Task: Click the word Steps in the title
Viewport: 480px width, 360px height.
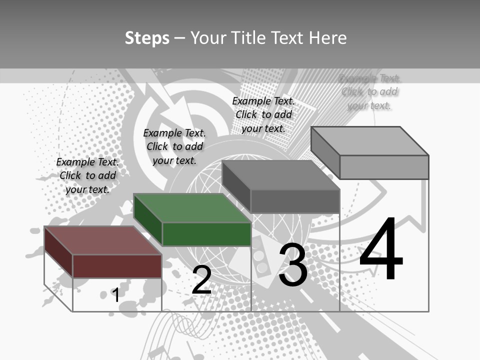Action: coord(147,38)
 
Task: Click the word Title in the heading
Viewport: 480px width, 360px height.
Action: coord(248,38)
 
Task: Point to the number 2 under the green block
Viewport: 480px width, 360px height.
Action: coord(201,280)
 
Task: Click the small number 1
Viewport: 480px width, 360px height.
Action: coord(115,295)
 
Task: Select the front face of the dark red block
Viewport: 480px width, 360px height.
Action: coord(117,266)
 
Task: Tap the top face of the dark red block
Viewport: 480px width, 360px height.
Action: coord(102,240)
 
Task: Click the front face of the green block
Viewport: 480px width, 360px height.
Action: coord(206,234)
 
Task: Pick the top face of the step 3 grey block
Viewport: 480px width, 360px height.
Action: coord(280,175)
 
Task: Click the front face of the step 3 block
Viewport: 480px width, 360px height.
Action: coord(295,201)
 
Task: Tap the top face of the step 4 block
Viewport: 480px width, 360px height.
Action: coord(369,141)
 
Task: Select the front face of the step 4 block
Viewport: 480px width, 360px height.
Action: coord(384,167)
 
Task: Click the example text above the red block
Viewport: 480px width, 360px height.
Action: coord(87,175)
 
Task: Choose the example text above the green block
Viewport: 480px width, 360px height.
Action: coord(174,146)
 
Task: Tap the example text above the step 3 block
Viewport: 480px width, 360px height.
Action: coord(263,114)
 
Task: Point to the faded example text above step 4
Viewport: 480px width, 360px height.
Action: coord(369,91)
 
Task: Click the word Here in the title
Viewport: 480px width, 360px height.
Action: coord(328,38)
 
